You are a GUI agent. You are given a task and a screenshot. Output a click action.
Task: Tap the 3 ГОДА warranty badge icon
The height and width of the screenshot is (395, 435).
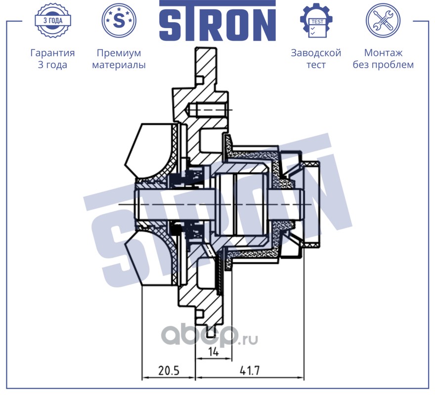(x=52, y=21)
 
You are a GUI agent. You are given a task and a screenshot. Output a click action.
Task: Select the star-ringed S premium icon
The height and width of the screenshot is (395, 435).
(x=119, y=21)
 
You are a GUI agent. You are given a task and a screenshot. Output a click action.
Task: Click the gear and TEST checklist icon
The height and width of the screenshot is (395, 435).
(x=316, y=21)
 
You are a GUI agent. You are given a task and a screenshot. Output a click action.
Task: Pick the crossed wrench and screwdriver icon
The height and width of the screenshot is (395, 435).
(x=383, y=21)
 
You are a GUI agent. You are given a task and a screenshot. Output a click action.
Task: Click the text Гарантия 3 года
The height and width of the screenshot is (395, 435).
(x=52, y=59)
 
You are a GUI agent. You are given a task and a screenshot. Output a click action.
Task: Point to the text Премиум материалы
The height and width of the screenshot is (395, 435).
(x=119, y=59)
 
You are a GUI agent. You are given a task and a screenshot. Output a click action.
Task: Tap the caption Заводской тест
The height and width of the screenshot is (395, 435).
(x=316, y=59)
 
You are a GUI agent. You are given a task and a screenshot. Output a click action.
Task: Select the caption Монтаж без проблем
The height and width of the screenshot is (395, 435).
(x=383, y=59)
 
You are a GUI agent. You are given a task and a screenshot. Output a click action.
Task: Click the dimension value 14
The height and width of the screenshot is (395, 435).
(x=213, y=353)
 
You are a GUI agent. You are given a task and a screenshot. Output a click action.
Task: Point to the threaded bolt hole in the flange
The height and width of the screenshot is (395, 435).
(x=208, y=109)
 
